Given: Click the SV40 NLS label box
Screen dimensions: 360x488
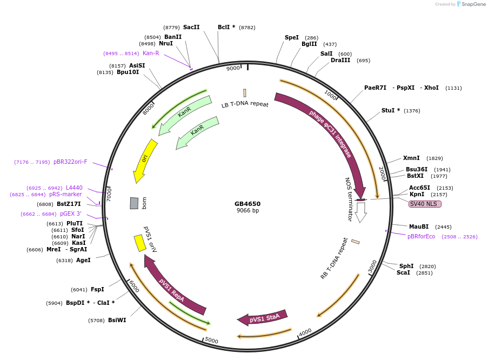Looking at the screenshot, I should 425,204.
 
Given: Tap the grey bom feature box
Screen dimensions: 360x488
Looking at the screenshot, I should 134,203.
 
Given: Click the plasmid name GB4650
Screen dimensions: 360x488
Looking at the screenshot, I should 248,204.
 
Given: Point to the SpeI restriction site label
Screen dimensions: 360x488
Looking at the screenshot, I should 291,37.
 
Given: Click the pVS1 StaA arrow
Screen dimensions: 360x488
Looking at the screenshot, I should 262,318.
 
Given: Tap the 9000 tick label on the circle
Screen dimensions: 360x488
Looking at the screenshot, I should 233,68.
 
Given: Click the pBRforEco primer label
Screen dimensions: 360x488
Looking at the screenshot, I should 421,236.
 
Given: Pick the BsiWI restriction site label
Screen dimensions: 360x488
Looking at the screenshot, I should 117,320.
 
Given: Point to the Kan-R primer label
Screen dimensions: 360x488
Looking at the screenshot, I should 151,53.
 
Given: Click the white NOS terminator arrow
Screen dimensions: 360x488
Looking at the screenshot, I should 361,211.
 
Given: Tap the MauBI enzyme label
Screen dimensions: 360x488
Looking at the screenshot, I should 418,226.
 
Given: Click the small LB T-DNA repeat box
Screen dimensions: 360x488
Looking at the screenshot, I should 245,93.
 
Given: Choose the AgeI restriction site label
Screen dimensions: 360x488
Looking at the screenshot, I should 83,260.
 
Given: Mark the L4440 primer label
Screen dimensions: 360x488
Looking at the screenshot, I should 74,188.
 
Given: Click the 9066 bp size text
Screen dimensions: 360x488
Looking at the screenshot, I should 248,210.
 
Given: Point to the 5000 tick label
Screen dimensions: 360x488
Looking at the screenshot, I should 211,341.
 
